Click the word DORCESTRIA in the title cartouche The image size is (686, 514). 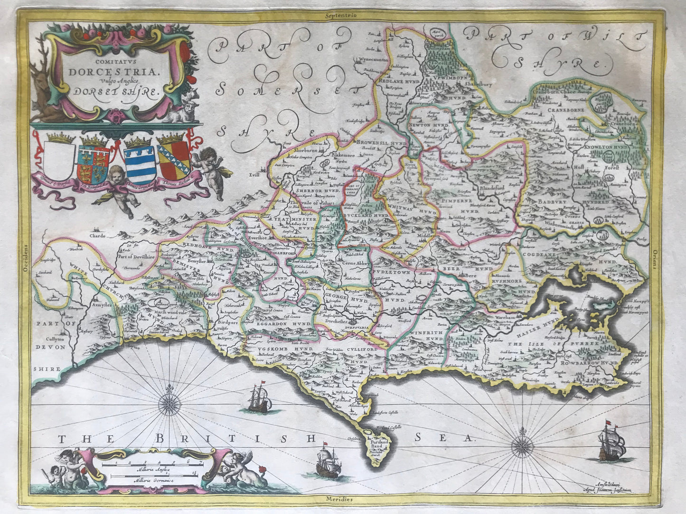pyautogui.click(x=107, y=72)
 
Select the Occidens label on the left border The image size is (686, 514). pyautogui.click(x=26, y=259)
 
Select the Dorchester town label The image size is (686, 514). pyautogui.click(x=344, y=320)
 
